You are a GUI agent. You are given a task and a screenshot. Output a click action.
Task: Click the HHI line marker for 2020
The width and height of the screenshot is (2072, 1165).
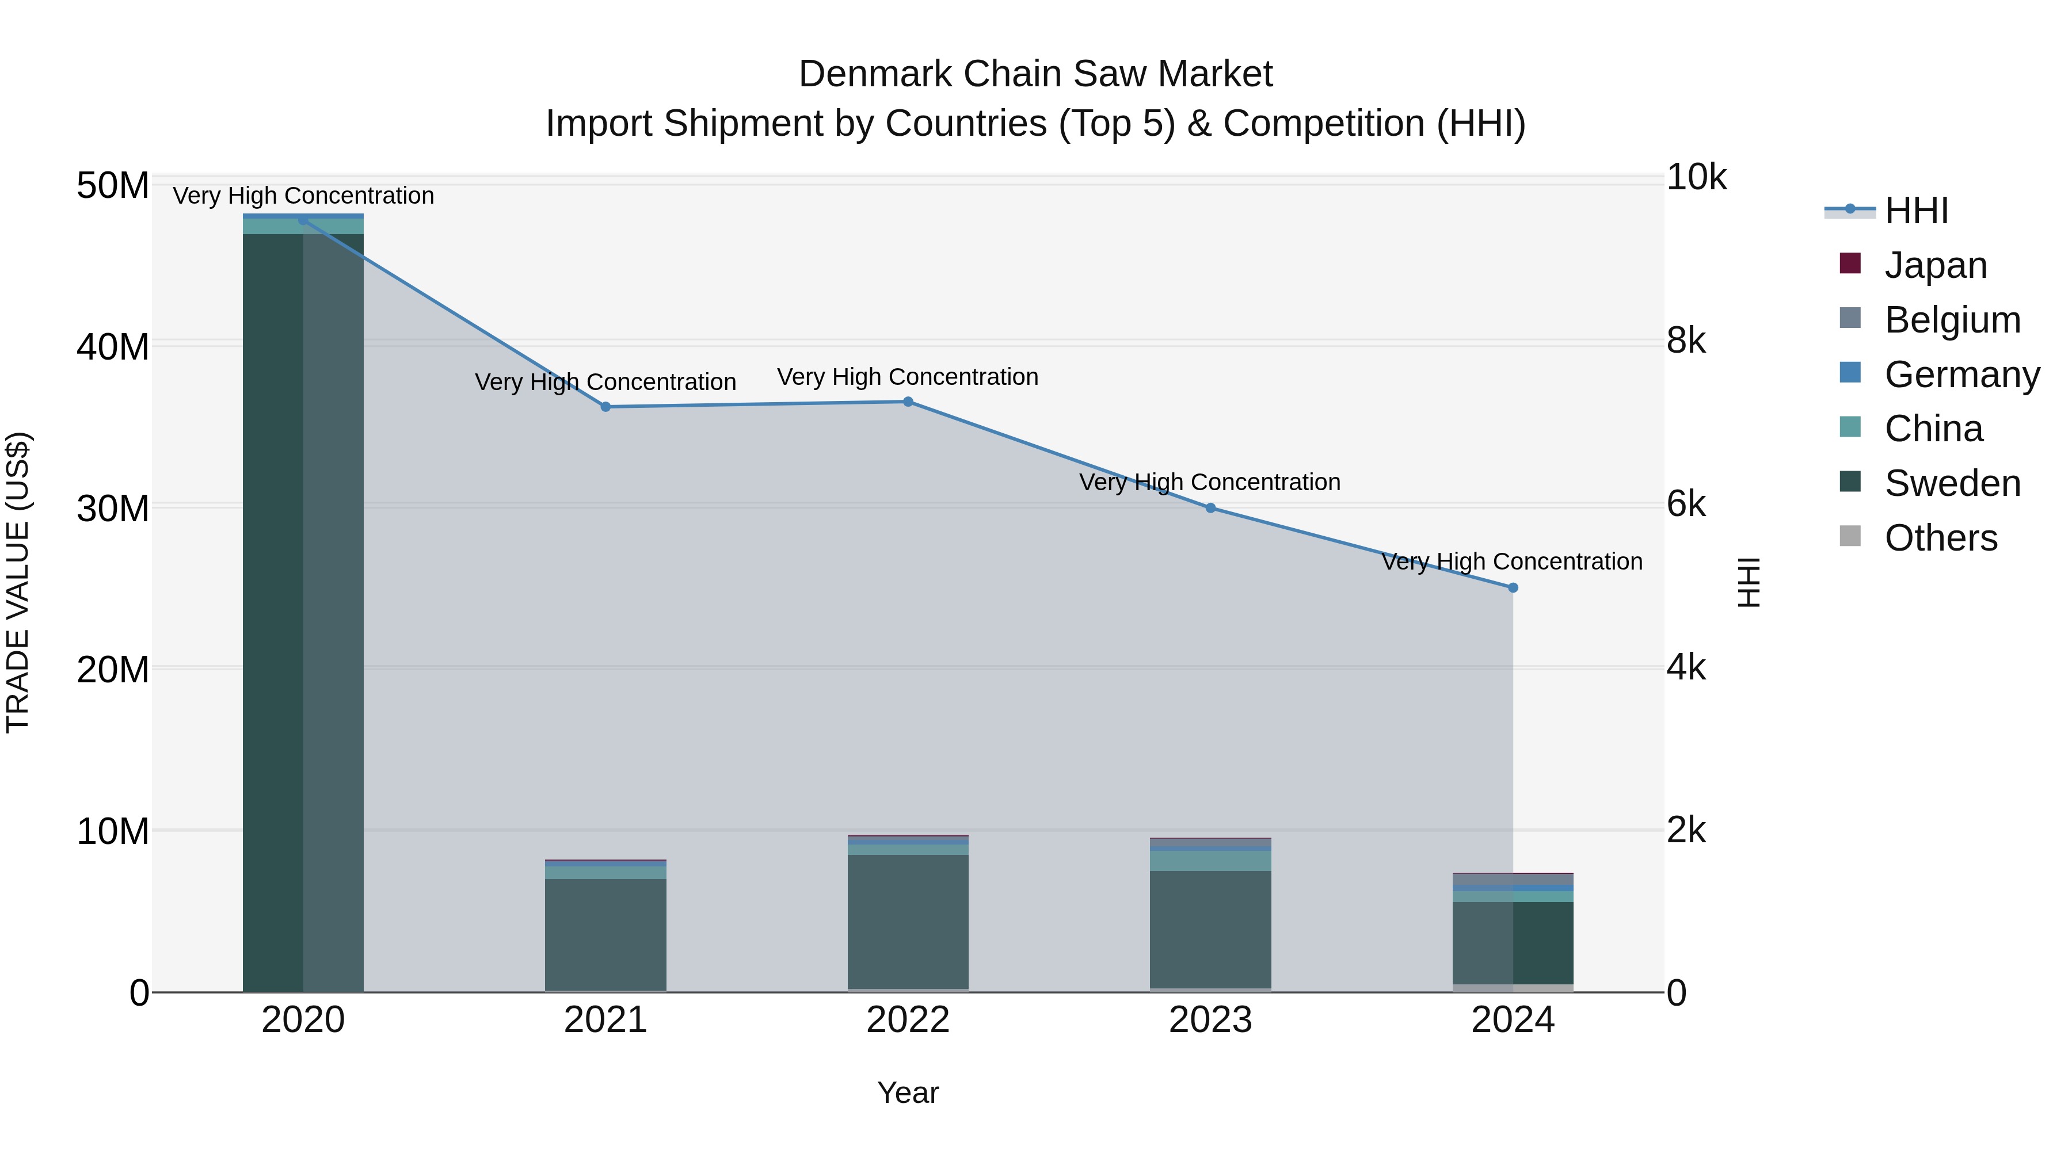click(x=303, y=220)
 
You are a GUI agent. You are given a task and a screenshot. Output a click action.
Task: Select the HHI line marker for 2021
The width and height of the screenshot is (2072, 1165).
click(x=605, y=407)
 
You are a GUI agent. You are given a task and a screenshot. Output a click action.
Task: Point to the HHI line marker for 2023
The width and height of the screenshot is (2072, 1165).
click(x=1210, y=508)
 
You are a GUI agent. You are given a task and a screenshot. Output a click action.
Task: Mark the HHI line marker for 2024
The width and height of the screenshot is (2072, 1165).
click(x=1513, y=588)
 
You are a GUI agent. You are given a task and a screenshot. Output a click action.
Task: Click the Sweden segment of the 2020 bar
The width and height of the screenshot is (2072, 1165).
click(x=303, y=611)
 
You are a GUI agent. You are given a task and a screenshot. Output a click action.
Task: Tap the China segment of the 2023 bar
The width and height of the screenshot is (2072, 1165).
click(x=1210, y=860)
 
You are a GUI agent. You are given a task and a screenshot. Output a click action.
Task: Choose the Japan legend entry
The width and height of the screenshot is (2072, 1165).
click(x=1934, y=265)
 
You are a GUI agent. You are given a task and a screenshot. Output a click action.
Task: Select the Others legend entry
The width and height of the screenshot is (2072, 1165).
click(x=1940, y=538)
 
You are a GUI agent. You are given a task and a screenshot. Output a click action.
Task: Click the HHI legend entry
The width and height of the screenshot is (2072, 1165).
click(x=1916, y=211)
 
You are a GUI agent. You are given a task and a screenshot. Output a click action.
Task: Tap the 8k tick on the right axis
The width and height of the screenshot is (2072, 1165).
click(x=1686, y=341)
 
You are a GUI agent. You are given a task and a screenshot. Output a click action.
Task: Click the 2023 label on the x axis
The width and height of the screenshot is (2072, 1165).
click(x=1210, y=1020)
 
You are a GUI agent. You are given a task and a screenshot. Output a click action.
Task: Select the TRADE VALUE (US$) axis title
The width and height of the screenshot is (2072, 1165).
click(x=18, y=582)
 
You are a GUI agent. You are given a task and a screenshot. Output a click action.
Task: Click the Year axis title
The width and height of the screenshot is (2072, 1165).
click(x=908, y=1093)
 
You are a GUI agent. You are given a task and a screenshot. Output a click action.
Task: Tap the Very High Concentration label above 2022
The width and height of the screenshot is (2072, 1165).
click(x=908, y=376)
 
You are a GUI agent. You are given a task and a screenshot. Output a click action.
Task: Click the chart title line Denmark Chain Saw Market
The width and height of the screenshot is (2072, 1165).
click(x=1035, y=74)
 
